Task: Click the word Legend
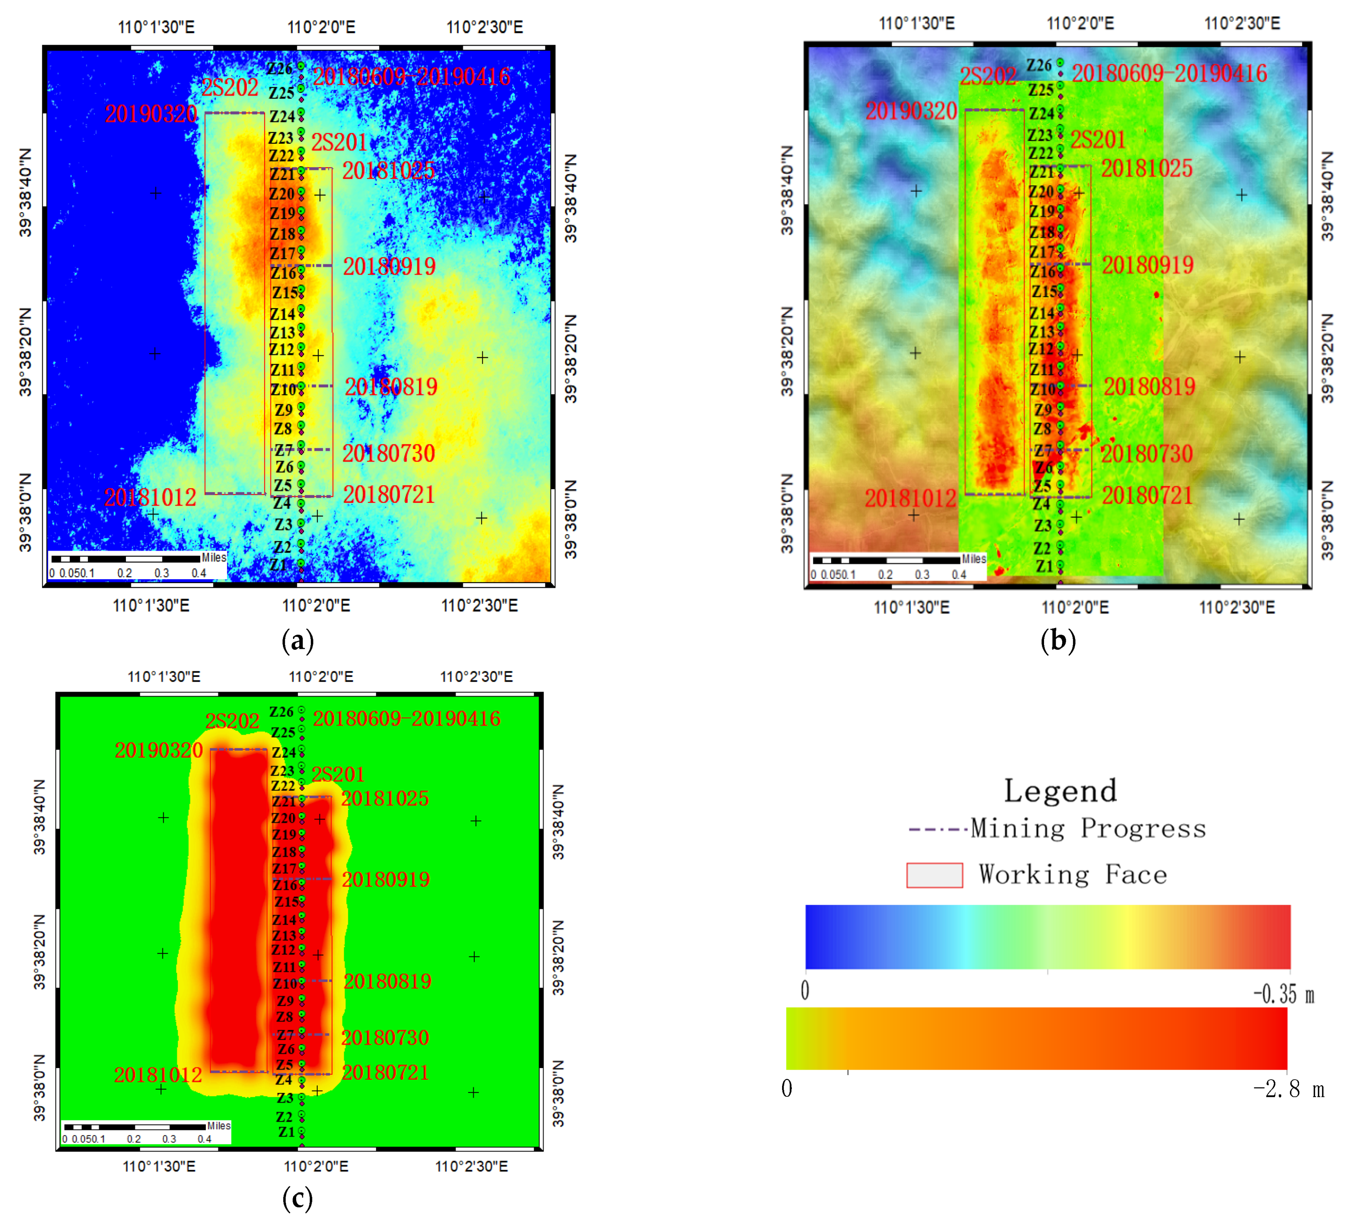[1060, 791]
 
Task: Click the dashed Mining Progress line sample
[937, 829]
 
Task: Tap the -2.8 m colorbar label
[1288, 1089]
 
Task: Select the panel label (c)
[298, 1198]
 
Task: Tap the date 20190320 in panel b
[911, 110]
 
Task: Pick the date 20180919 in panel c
[386, 879]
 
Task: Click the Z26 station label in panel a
[279, 68]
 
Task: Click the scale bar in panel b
[886, 560]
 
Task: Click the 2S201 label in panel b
[1098, 140]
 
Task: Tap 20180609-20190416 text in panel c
[407, 719]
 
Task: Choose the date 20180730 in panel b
[1147, 454]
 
